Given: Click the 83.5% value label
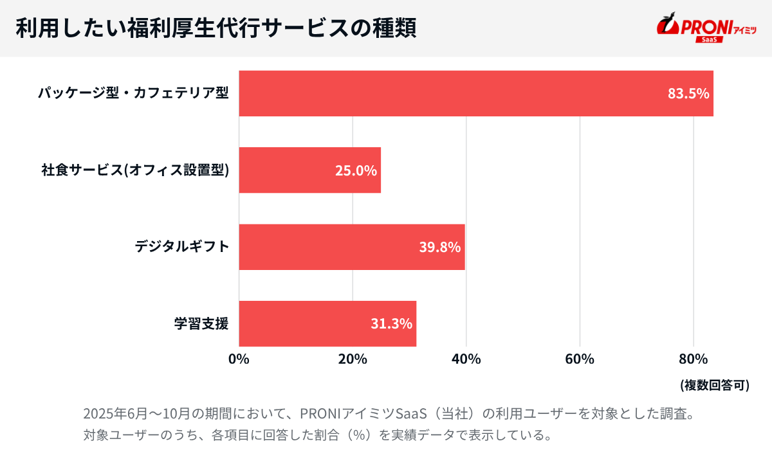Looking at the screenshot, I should (688, 94).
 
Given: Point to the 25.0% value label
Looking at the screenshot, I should (356, 171).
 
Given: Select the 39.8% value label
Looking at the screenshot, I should (439, 248).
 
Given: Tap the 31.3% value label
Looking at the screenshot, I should (391, 324).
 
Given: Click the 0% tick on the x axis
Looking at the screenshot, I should (239, 359).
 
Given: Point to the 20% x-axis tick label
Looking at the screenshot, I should (353, 359).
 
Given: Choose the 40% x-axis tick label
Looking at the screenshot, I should (466, 359).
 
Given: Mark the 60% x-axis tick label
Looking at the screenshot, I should (580, 359).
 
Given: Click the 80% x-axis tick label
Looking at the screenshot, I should (693, 359).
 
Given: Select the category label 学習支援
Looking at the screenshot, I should (201, 323).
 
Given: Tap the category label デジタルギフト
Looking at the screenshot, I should (182, 247).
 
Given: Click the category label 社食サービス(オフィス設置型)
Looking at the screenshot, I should (135, 170).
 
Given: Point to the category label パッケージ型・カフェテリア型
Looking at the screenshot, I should (133, 93).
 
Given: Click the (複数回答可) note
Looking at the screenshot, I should (715, 385).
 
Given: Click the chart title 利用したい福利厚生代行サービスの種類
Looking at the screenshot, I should (216, 28).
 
